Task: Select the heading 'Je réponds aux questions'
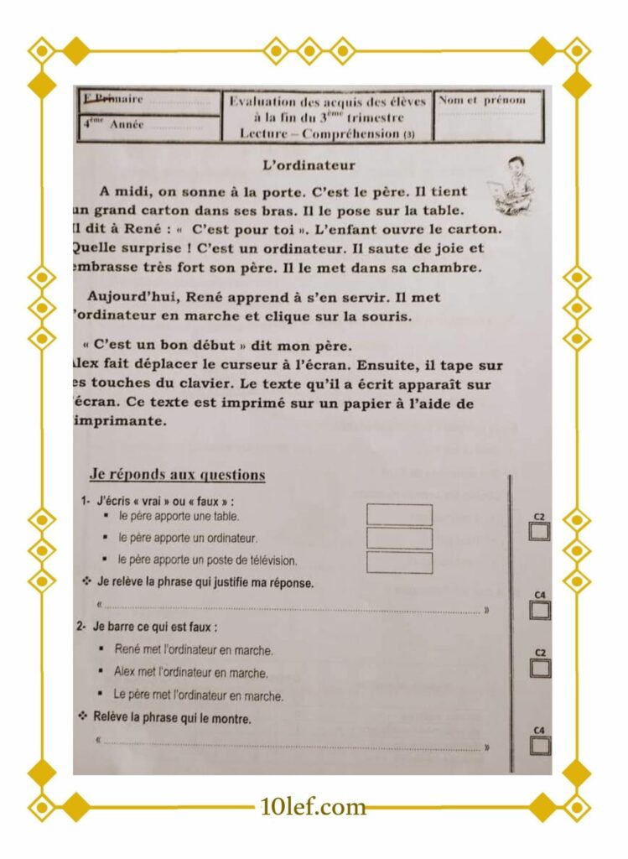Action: click(177, 475)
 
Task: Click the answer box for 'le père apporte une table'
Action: click(399, 514)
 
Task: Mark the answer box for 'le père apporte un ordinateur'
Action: click(399, 538)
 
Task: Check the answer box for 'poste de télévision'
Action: click(399, 562)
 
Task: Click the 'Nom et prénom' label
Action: click(483, 100)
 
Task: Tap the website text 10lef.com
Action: click(314, 807)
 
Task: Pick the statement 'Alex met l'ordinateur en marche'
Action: click(190, 673)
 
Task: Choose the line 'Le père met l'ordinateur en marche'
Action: click(198, 695)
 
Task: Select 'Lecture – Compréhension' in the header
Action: click(319, 133)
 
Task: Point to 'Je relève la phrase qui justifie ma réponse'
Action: click(205, 582)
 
